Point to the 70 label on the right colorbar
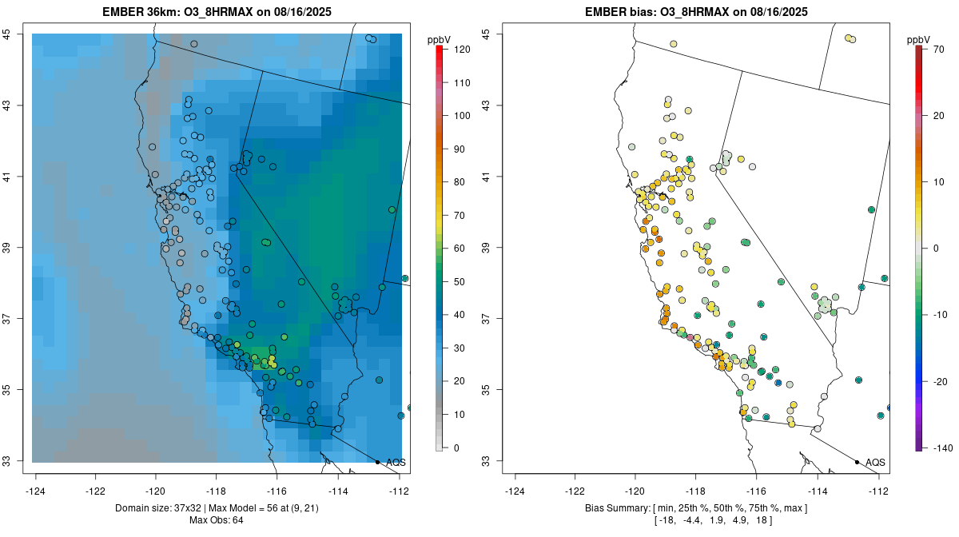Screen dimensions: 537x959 point(939,50)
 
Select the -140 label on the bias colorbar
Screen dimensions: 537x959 point(942,447)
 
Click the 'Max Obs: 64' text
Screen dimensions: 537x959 point(217,520)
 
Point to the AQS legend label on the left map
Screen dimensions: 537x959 point(396,463)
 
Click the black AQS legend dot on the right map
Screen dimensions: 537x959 point(857,462)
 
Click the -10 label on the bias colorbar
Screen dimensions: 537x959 point(940,315)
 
